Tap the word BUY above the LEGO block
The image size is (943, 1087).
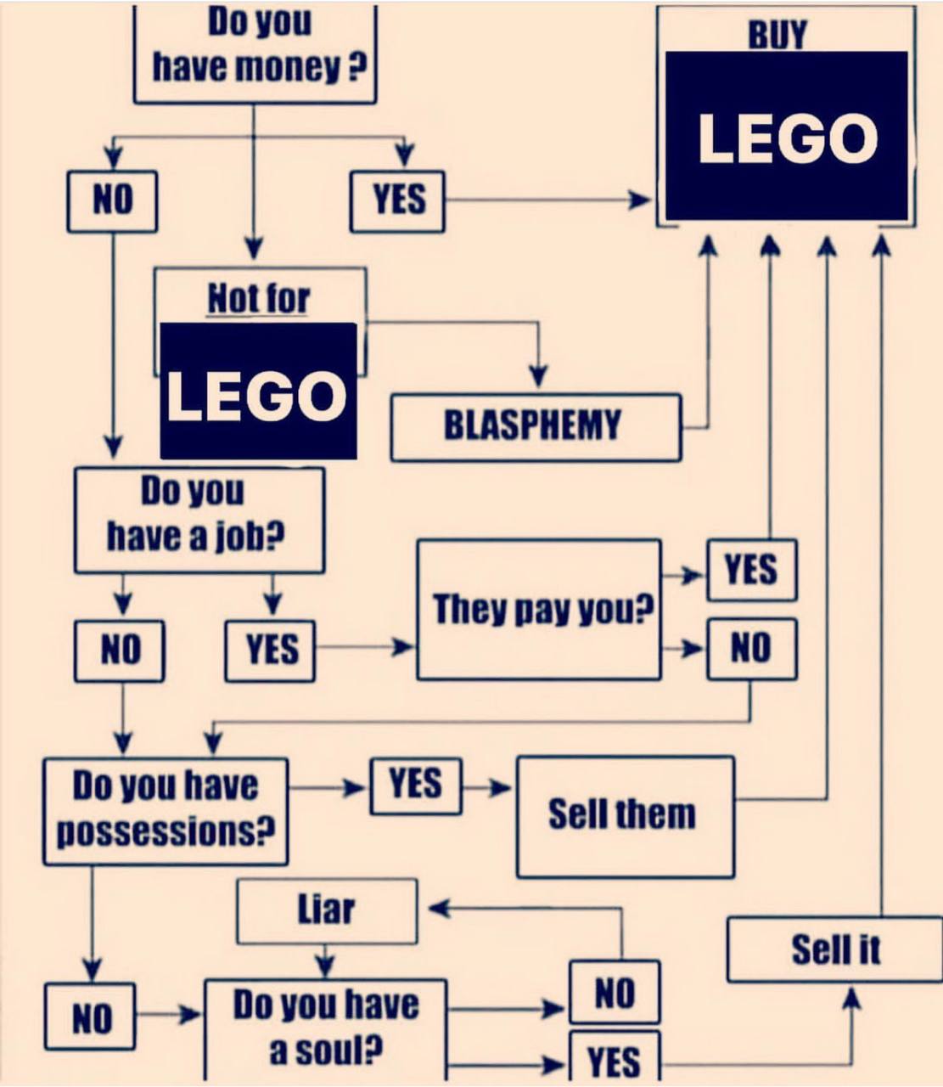click(x=777, y=34)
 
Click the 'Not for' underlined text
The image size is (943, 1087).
click(x=259, y=299)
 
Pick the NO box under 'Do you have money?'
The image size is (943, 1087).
click(x=112, y=201)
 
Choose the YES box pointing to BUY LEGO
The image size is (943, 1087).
click(x=397, y=201)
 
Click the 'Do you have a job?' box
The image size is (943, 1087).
click(x=199, y=520)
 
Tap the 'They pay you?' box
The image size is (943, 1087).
click(x=539, y=610)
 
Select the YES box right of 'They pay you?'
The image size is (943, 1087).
click(x=751, y=570)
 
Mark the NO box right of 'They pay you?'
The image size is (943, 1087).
click(x=751, y=649)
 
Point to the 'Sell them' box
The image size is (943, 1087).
click(x=625, y=815)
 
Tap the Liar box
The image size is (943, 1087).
click(x=327, y=911)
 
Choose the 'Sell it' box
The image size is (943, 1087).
click(x=835, y=949)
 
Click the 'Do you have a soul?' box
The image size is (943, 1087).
click(x=325, y=1028)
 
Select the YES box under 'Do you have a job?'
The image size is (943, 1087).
click(x=270, y=651)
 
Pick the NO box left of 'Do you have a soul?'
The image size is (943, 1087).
click(x=90, y=1017)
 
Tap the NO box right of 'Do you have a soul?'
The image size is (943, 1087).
click(x=614, y=992)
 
